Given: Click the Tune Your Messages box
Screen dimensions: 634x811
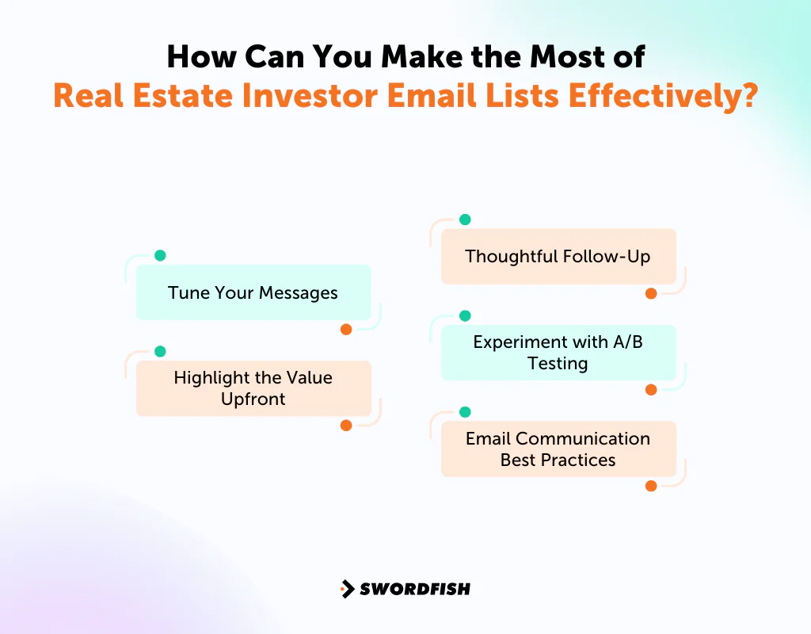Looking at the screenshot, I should coord(253,292).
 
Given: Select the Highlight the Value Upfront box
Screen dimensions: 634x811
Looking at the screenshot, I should coord(253,388).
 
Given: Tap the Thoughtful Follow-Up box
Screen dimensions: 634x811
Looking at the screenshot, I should coord(558,256).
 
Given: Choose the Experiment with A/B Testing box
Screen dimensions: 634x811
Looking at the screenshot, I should coord(558,353).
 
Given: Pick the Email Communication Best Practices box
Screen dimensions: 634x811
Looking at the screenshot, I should coord(558,449).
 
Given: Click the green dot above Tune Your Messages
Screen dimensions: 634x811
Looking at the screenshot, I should coord(160,255).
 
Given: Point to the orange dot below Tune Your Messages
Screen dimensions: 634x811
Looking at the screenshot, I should coord(346,330).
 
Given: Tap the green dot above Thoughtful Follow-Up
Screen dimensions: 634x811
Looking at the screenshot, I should coord(465,220).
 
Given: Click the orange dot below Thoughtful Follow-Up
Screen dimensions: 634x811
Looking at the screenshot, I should coord(651,293).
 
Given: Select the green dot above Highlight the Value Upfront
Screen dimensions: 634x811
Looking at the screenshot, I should coord(160,351).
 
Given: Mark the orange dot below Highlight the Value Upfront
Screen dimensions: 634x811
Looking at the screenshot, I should coord(346,426).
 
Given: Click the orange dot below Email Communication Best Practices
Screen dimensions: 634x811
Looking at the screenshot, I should coord(651,486).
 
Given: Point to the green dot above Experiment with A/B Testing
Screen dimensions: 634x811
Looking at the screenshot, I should coord(465,315).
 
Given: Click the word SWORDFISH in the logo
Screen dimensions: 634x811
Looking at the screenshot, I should coord(415,589).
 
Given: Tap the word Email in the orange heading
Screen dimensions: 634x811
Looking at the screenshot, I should coord(440,96).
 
